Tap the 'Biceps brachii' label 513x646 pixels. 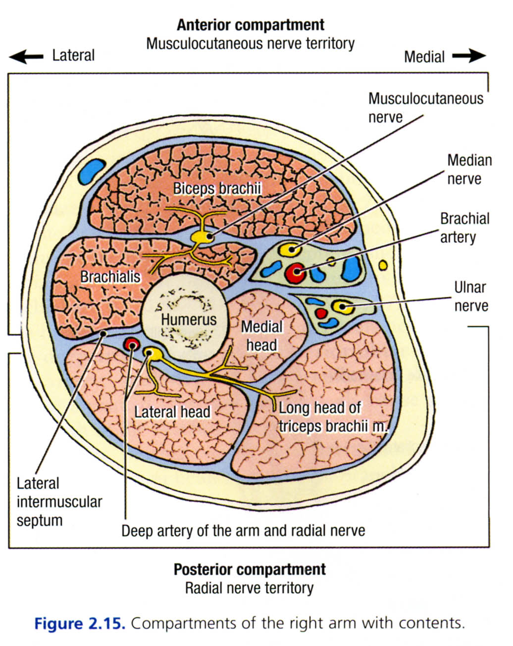(217, 188)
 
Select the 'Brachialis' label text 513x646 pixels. (110, 277)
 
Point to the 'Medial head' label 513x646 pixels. (261, 335)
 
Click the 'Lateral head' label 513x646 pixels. (172, 412)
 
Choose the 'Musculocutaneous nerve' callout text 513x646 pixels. (425, 108)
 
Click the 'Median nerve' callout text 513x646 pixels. (469, 169)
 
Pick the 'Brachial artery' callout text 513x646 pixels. (464, 228)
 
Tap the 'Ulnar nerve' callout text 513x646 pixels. (470, 296)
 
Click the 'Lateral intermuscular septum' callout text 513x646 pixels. (59, 502)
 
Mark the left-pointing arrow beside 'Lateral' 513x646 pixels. (26, 56)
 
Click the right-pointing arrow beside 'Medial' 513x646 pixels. (468, 56)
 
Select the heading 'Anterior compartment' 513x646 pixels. (251, 25)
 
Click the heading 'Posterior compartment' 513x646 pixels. (250, 569)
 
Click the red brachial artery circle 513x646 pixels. (296, 272)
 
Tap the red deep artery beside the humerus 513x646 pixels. (131, 344)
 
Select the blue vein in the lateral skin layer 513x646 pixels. (92, 171)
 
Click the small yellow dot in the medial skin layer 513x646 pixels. (383, 266)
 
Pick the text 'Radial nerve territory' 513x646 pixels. (249, 588)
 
